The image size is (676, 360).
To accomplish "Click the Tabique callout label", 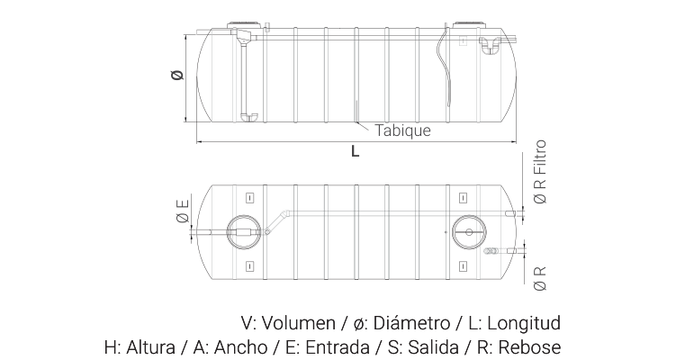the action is pos(402,130).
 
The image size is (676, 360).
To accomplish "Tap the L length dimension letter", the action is pos(355,151).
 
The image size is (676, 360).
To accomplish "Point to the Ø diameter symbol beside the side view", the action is pos(176,75).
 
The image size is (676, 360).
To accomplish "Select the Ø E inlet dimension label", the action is pos(183,211).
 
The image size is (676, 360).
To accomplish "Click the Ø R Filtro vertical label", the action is pos(540,172).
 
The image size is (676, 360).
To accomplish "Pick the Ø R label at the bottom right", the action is pos(540,278).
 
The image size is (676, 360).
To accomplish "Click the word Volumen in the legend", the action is pos(298,323).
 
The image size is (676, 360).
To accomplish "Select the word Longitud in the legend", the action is pos(524,323).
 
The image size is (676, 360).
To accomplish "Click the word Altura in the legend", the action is pos(151,347).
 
